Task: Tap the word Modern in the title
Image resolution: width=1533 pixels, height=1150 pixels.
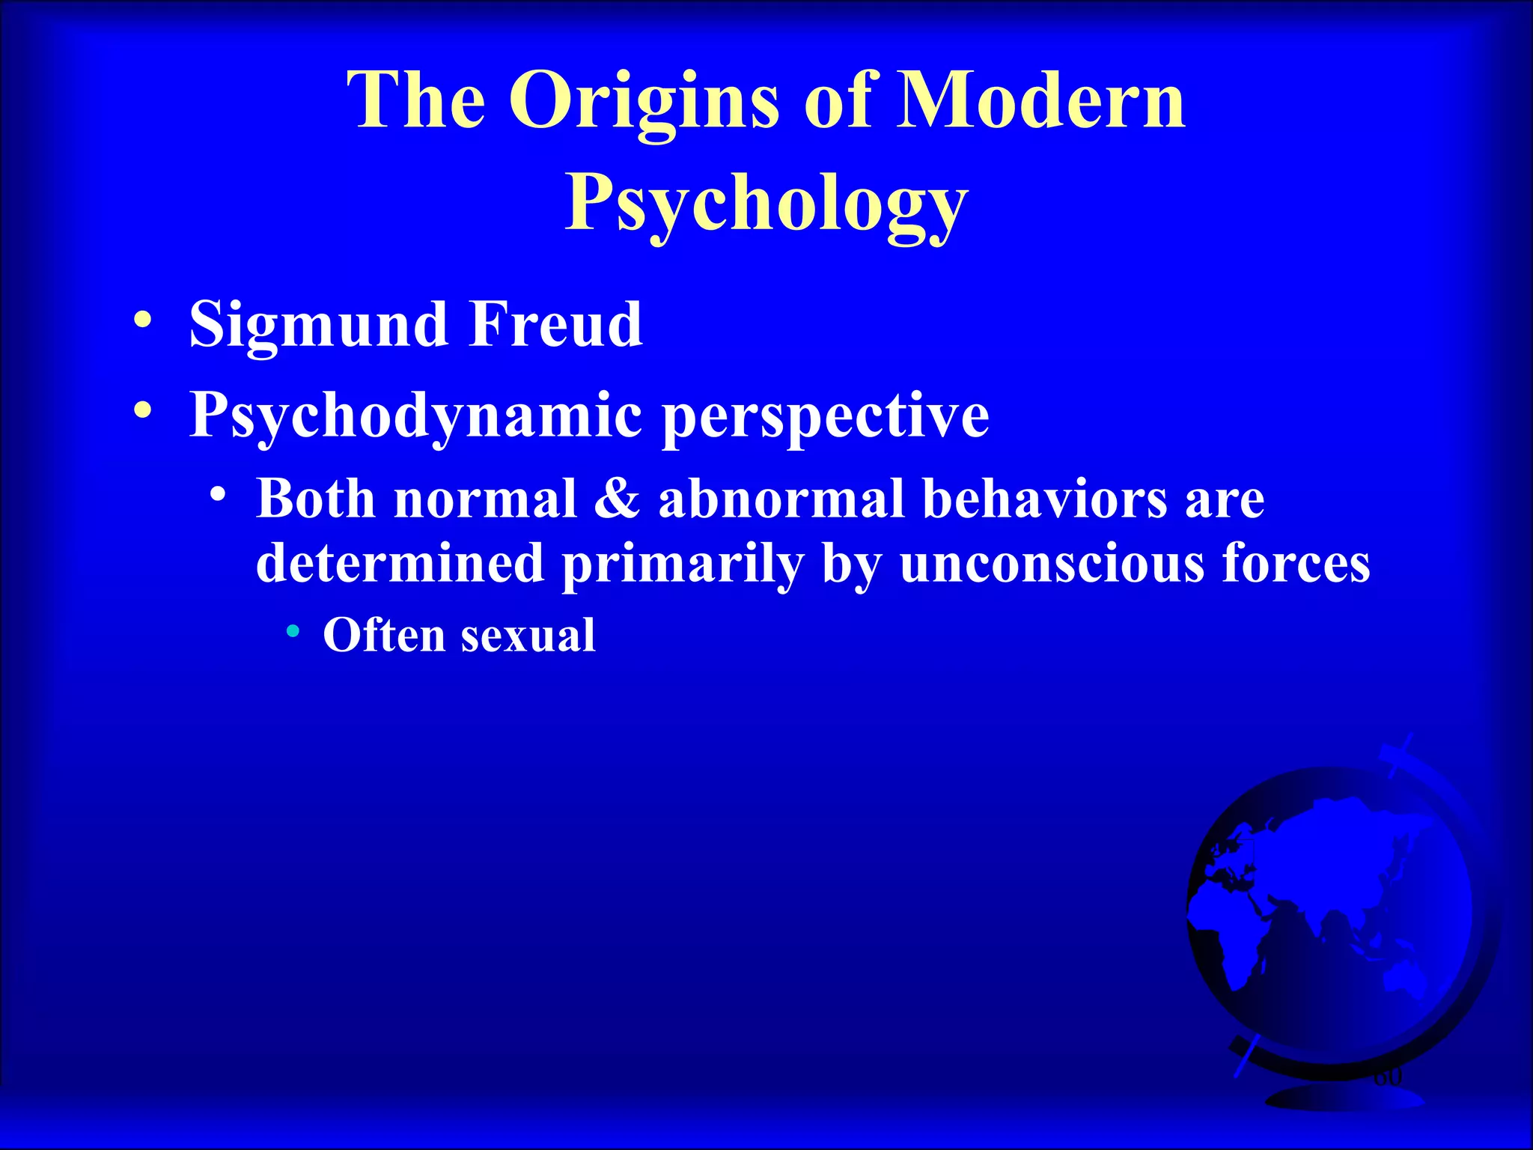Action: (1041, 100)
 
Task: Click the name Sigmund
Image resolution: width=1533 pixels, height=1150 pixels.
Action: (318, 326)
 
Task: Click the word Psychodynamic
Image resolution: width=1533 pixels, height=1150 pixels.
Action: (415, 416)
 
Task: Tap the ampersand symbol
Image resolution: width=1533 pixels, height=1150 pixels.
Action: (618, 499)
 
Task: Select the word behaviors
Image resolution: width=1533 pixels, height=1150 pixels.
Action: (1044, 499)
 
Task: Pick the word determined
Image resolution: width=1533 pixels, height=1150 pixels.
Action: (400, 563)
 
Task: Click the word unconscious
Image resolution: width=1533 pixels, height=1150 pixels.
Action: (1052, 563)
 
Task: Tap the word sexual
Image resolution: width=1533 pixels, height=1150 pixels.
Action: (528, 636)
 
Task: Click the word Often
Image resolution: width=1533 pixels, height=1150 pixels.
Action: (384, 636)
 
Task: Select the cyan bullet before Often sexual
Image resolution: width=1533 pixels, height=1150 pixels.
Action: (293, 632)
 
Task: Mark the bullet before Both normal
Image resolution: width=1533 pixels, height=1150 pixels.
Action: (218, 495)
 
